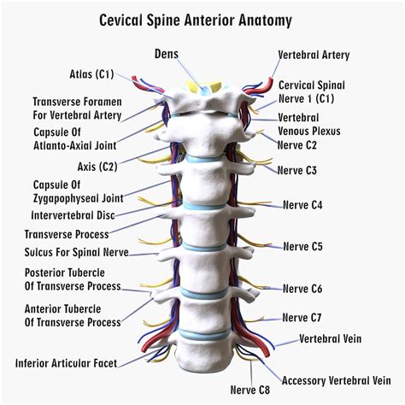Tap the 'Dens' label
tap(167, 54)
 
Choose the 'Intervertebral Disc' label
tap(73, 215)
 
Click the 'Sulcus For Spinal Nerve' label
tap(77, 252)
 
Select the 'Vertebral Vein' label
tap(329, 338)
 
